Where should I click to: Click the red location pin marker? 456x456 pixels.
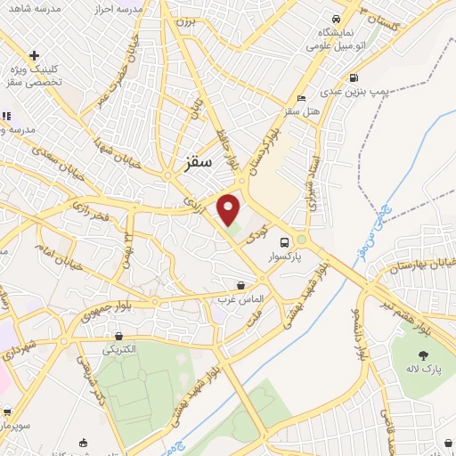tap(230, 209)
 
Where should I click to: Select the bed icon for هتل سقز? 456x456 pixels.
tap(302, 97)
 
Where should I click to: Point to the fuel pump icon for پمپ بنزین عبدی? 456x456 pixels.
tap(354, 77)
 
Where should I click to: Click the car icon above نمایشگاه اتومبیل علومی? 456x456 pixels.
tap(335, 20)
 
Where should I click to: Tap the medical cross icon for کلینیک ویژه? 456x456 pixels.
tap(33, 55)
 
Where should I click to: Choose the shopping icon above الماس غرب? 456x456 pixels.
tap(240, 286)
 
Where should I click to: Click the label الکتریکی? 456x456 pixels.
tap(119, 348)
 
